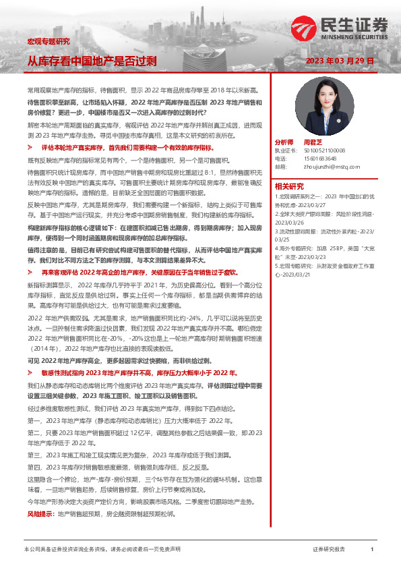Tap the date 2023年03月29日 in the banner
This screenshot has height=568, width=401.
pos(339,61)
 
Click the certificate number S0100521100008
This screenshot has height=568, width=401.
pos(324,151)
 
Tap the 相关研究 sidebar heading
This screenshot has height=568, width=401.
pos(289,186)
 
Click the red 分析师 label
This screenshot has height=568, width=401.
pos(284,143)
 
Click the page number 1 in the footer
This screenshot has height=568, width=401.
pos(371,550)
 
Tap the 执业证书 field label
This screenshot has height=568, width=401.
pos(284,151)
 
